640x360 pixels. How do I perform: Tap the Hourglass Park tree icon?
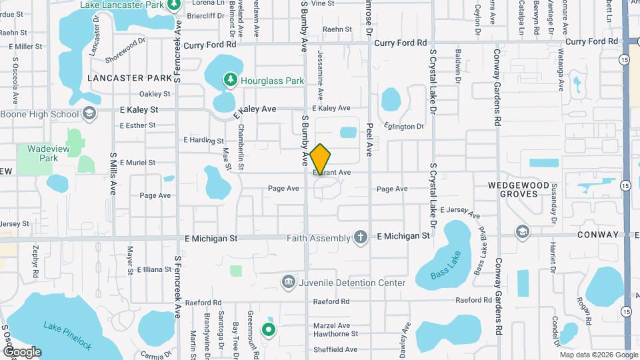(x=231, y=80)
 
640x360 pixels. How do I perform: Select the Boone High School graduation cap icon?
(x=89, y=114)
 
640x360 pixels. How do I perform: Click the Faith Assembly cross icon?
(x=360, y=237)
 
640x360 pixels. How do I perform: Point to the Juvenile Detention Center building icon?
(x=288, y=283)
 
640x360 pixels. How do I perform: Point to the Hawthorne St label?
(x=336, y=333)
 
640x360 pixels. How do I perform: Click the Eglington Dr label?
(x=404, y=126)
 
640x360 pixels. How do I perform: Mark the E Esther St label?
(x=137, y=125)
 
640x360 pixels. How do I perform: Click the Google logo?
(x=22, y=352)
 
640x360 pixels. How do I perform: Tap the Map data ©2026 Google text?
(x=599, y=355)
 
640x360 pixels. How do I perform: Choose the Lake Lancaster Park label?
(x=122, y=5)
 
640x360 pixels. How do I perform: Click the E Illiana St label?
(x=154, y=269)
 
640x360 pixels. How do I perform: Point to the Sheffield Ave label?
(x=337, y=349)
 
